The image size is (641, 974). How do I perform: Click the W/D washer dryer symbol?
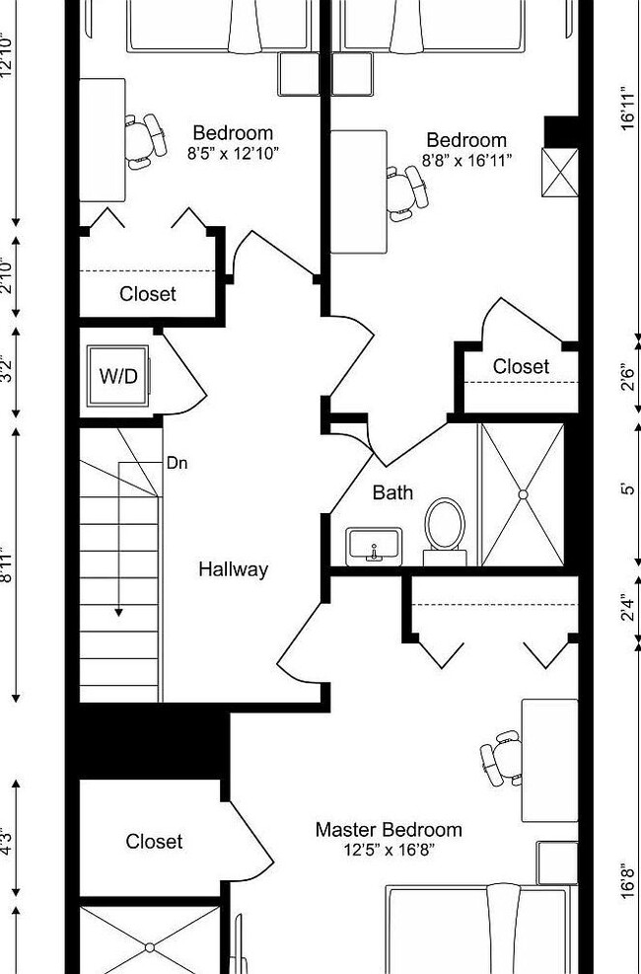[117, 376]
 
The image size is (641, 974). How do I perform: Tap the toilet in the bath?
[445, 527]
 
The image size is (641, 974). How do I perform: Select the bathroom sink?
[374, 544]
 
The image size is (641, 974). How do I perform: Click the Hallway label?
[233, 569]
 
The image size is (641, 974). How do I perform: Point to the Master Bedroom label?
[388, 830]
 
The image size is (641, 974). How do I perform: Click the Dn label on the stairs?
[178, 462]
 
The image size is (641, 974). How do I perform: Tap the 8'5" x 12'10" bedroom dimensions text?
[233, 154]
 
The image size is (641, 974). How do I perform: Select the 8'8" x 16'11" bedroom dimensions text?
[466, 160]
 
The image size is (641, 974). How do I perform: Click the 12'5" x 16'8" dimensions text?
[388, 850]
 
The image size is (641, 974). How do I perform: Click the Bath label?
[392, 492]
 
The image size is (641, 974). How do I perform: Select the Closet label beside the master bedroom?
[154, 842]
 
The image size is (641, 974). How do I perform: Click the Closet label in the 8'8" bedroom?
[521, 367]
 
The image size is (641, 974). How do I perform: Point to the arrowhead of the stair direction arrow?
[118, 612]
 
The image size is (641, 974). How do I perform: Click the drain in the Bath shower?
[523, 493]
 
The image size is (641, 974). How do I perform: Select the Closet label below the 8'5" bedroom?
[148, 294]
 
